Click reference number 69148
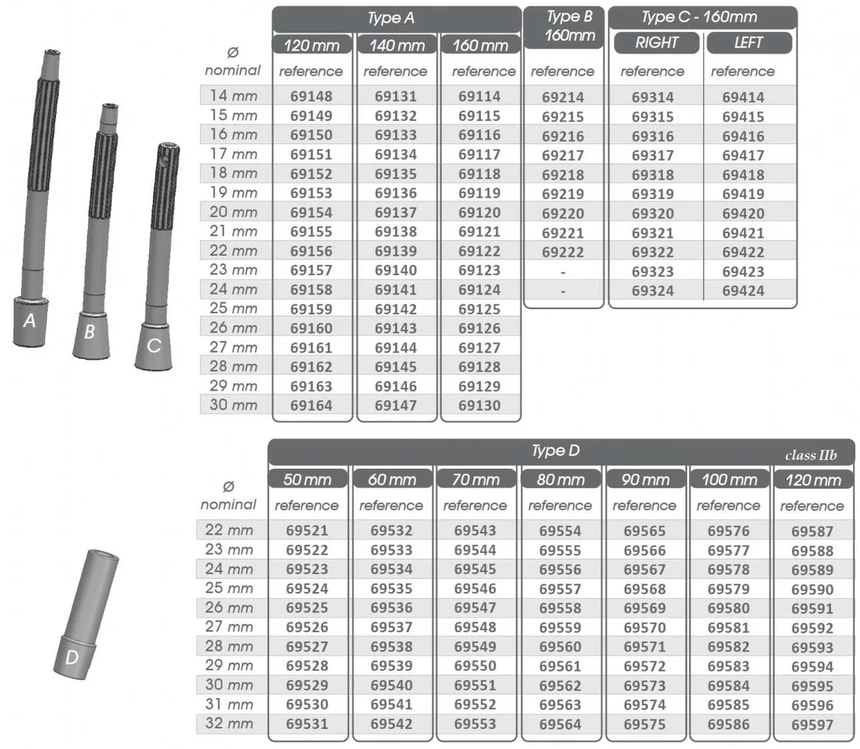(x=311, y=96)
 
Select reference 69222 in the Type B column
(x=563, y=252)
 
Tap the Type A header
(x=391, y=18)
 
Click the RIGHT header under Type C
(x=656, y=42)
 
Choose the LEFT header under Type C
(x=748, y=42)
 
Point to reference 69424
(x=743, y=291)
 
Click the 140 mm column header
(x=397, y=45)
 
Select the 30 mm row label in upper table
(x=234, y=405)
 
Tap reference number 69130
(x=479, y=406)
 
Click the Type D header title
(x=555, y=451)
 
